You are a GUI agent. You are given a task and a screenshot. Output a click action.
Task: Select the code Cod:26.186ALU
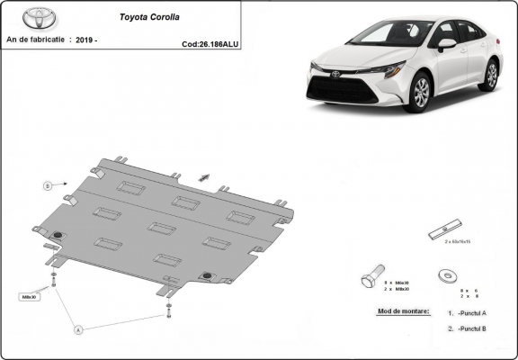tap(210, 42)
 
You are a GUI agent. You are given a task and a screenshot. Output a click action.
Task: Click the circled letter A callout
tap(78, 329)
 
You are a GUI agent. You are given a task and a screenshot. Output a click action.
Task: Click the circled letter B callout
tap(47, 185)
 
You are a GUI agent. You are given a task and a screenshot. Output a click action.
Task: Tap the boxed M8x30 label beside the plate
tap(29, 295)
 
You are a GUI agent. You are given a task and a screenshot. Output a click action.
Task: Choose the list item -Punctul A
tap(470, 312)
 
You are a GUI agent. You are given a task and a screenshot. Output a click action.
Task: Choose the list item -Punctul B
tap(470, 329)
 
